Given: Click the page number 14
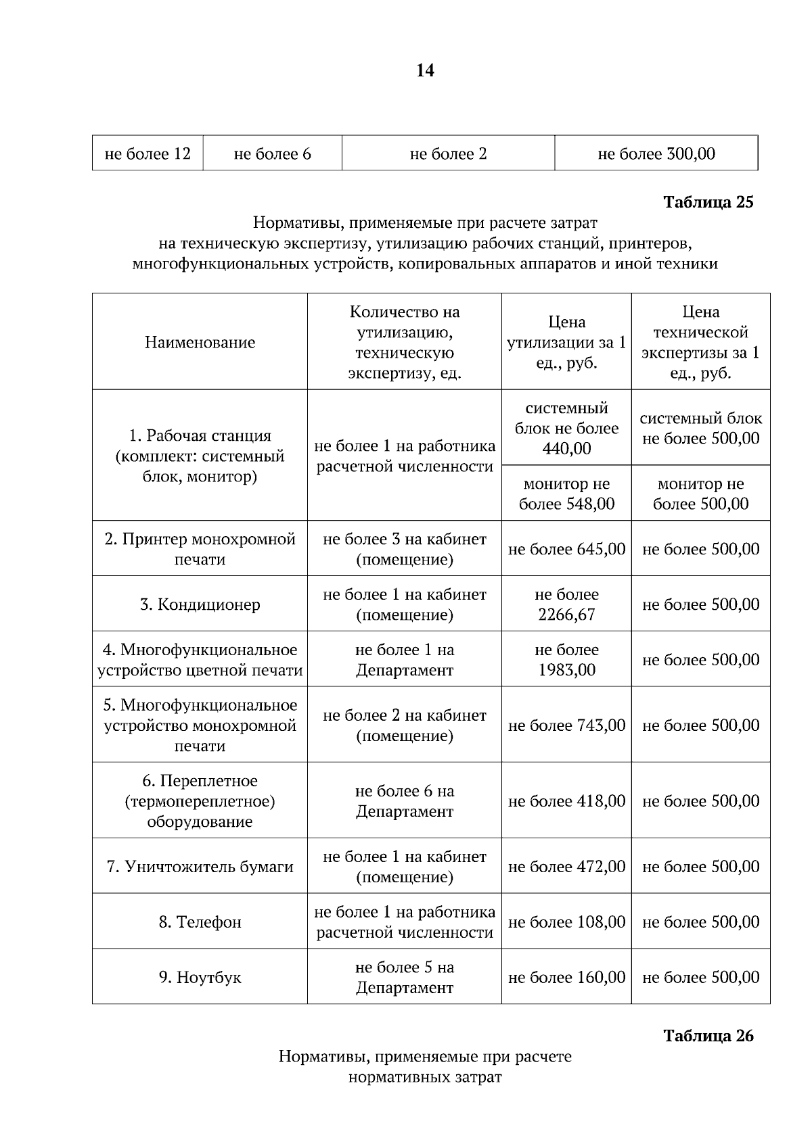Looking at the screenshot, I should coord(425,70).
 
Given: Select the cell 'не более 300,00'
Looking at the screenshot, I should coord(656,154).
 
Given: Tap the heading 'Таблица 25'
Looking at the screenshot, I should coord(708,202).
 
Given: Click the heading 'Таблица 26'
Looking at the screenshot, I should coord(708,1036).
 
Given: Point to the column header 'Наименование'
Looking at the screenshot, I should coord(200,342).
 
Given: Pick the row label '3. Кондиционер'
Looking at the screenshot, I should coord(200,604).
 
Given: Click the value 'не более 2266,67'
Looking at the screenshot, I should coord(566,604).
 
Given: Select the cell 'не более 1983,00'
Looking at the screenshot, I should coord(566,660).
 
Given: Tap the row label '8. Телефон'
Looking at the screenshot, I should coord(200,922).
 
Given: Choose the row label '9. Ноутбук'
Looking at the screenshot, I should coord(200,978).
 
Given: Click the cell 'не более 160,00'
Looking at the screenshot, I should coord(566,978).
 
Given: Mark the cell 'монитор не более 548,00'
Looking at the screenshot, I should coord(566,494).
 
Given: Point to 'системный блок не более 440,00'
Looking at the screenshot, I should coord(566,428).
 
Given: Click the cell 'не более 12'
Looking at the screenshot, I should coord(148,154).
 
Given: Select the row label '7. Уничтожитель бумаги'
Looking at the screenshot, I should coord(200,867).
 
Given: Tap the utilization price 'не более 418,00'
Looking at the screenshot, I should coord(566,801).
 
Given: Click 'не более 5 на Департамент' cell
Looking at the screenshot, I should coord(404,978).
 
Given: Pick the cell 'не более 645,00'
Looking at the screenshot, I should coord(566,549).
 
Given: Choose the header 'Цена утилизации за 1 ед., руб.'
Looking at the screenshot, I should coord(566,342).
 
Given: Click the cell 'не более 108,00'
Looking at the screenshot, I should coord(566,922).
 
